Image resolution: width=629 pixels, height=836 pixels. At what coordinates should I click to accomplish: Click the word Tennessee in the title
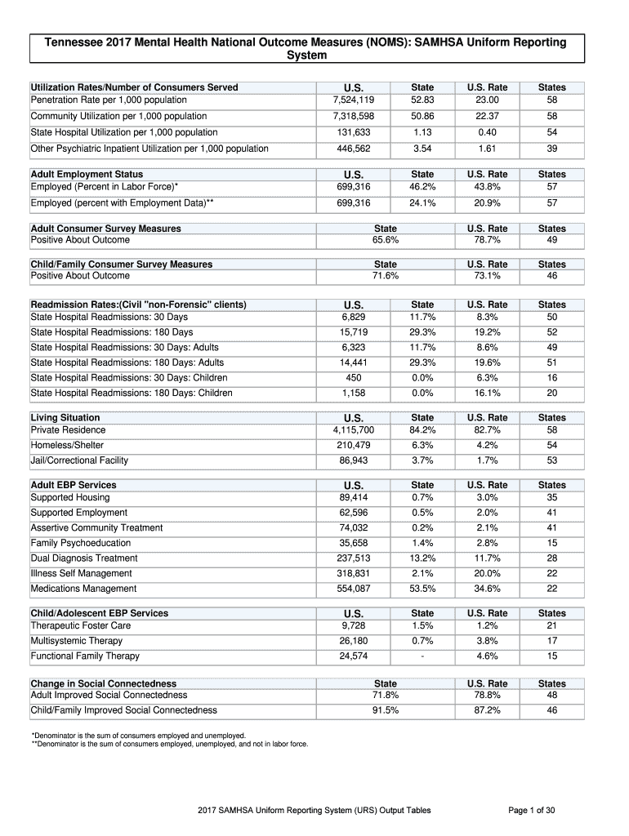tap(74, 42)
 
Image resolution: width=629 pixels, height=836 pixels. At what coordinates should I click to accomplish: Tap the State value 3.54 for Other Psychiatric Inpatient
tap(422, 149)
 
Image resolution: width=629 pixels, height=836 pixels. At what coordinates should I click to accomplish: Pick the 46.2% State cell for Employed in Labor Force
tap(422, 187)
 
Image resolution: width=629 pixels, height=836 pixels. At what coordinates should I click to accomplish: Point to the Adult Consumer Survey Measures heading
tap(105, 229)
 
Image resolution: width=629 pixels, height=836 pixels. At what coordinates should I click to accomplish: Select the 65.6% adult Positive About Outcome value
tap(385, 240)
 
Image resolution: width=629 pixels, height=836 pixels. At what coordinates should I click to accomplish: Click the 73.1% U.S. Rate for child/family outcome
tap(487, 276)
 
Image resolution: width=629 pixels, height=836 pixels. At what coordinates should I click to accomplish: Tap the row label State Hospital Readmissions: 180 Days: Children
tap(131, 393)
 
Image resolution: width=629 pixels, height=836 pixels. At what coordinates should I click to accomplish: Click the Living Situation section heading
tap(65, 417)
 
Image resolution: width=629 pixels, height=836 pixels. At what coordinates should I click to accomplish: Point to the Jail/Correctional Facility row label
tap(79, 460)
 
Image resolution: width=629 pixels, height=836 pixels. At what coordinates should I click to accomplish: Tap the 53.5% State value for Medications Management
tap(422, 588)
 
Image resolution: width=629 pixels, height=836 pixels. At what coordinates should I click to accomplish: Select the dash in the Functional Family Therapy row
tap(422, 656)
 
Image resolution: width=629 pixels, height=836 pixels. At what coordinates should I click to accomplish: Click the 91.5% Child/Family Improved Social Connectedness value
tap(385, 710)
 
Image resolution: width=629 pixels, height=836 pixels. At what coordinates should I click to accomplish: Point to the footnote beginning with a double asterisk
tap(169, 743)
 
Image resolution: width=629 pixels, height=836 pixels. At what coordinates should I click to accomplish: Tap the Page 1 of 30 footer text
tap(531, 810)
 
